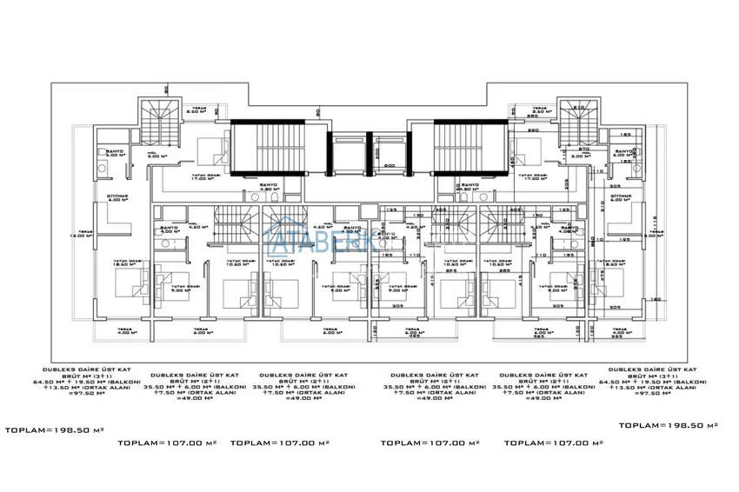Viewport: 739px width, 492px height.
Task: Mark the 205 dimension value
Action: (x=589, y=172)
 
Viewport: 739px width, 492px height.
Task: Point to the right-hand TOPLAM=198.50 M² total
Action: (x=668, y=425)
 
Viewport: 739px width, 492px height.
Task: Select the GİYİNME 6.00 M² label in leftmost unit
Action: (x=117, y=199)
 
